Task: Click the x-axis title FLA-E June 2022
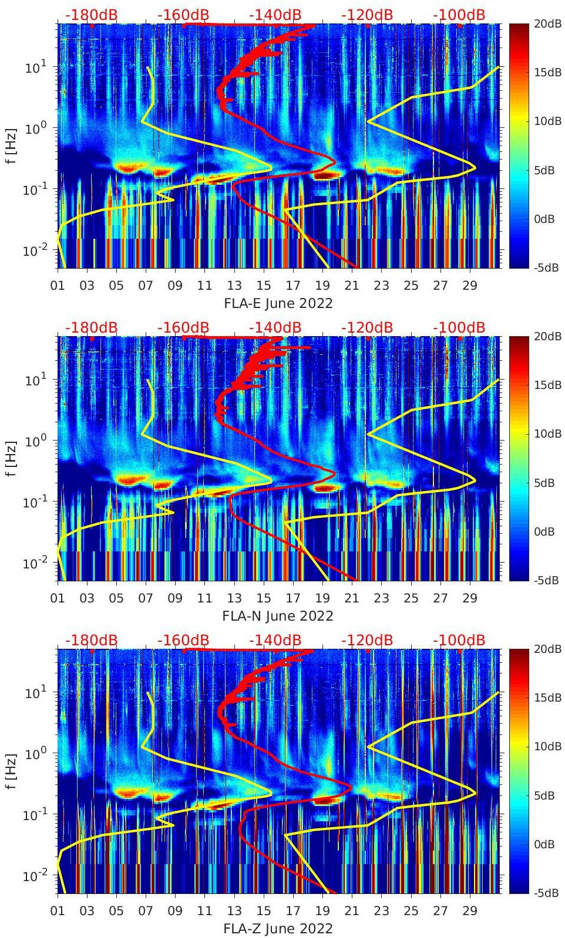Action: (278, 303)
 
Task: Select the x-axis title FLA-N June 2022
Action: (278, 616)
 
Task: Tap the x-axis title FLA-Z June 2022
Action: (278, 929)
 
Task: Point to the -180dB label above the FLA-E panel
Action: (91, 15)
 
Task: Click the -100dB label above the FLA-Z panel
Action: (459, 641)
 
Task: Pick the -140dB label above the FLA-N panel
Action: (275, 328)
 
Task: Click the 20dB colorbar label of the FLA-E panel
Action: (547, 23)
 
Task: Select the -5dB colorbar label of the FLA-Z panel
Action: (546, 893)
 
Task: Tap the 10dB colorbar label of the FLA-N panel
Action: (547, 434)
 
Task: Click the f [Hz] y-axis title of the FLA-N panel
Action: (11, 458)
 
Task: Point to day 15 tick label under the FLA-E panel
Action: (264, 286)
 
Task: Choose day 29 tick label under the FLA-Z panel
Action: (469, 911)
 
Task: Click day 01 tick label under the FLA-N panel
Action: (58, 598)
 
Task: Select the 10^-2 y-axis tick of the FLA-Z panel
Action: (35, 875)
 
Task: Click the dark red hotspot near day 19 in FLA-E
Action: (328, 175)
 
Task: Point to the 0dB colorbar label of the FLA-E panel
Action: (546, 219)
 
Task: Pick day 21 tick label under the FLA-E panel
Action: (352, 286)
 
